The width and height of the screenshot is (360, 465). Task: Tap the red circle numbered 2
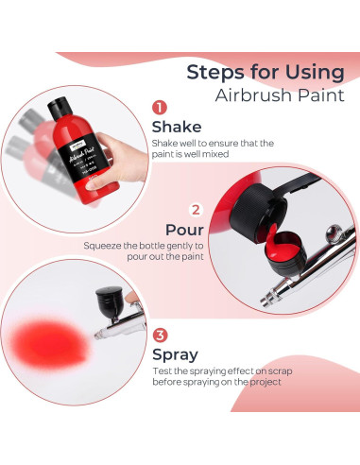click(196, 210)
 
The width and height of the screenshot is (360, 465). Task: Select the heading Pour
click(185, 231)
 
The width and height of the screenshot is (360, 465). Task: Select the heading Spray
click(176, 355)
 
